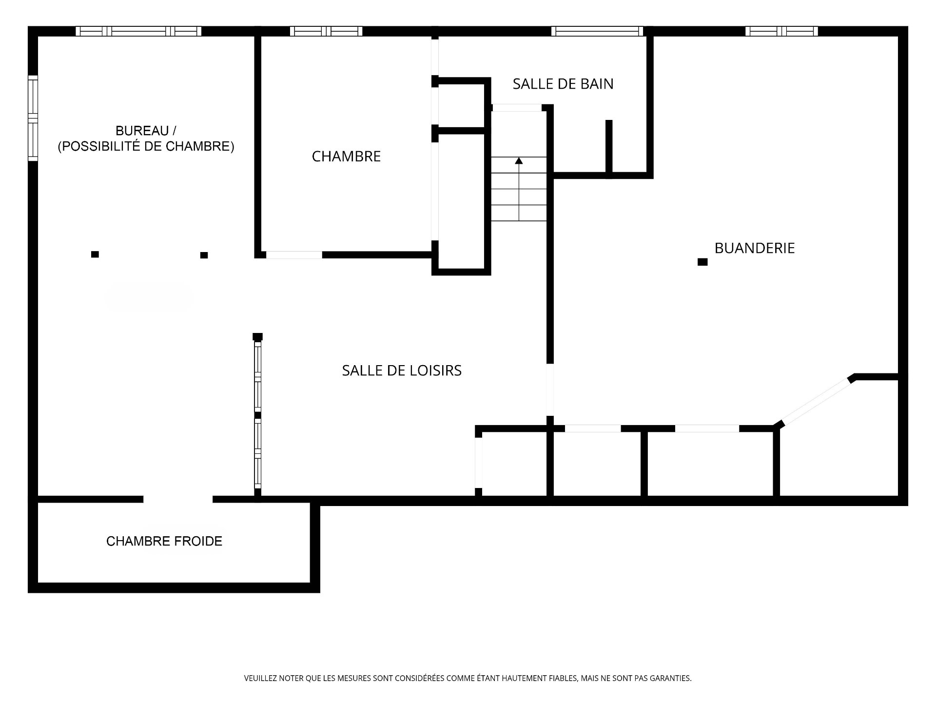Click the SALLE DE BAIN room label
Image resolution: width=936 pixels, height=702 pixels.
(563, 84)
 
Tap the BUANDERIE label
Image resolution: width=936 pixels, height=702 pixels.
(755, 248)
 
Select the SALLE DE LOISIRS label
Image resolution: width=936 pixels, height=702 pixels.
(402, 370)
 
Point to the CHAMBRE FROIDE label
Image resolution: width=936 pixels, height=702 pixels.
(164, 541)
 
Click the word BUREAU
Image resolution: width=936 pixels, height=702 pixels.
(142, 131)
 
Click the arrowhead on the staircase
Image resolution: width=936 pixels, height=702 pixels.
(519, 160)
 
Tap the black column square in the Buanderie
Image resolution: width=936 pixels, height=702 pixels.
(702, 262)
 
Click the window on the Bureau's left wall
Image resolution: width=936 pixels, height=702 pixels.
(33, 118)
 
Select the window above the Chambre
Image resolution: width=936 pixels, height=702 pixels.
(326, 31)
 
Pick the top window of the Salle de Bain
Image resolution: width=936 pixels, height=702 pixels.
(597, 31)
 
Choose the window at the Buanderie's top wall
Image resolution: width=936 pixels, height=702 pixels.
(781, 31)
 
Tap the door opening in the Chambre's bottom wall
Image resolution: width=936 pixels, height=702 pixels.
(294, 254)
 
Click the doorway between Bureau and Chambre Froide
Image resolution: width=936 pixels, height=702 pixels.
(178, 499)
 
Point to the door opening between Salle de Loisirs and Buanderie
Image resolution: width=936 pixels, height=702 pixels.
(550, 390)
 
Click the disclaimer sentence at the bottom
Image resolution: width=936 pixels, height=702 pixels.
(468, 678)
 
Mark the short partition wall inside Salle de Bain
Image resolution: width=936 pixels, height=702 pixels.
(609, 146)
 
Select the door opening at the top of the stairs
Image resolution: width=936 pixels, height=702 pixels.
(517, 108)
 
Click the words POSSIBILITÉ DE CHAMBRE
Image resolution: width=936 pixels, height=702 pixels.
(146, 146)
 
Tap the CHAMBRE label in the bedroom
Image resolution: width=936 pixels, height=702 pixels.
(346, 156)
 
